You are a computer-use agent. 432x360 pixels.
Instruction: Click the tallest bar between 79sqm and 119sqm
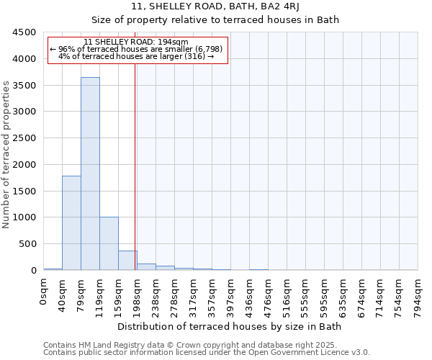tap(90, 173)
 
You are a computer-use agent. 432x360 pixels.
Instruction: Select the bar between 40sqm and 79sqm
tap(71, 222)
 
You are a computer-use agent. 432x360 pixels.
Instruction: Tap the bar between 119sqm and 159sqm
tap(109, 243)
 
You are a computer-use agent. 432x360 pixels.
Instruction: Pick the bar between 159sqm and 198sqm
tap(127, 261)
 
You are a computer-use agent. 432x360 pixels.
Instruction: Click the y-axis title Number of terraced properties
tap(7, 155)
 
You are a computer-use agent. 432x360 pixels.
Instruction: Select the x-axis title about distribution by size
tap(229, 326)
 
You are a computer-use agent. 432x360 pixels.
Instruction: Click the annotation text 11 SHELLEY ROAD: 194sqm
tap(136, 42)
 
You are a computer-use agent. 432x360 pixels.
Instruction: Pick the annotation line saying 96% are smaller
tap(136, 49)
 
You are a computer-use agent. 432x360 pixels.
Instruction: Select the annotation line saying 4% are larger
tap(136, 56)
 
